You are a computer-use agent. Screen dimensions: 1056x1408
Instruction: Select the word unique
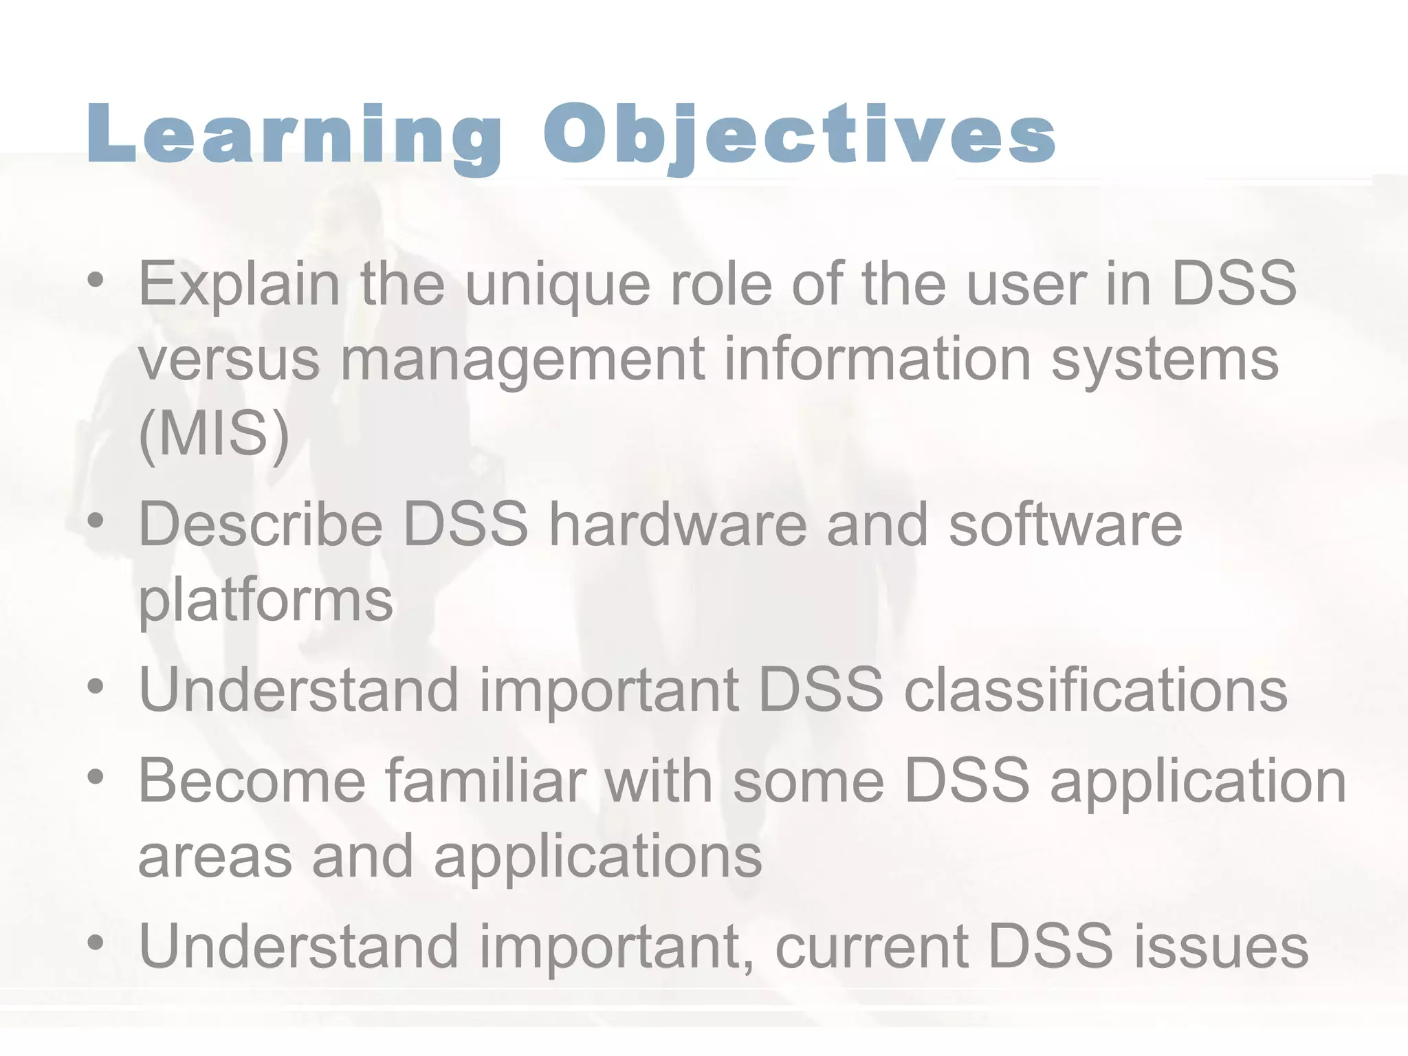[558, 285]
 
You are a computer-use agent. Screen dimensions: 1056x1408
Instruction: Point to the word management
[522, 360]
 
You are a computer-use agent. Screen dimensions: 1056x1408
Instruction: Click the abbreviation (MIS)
[214, 434]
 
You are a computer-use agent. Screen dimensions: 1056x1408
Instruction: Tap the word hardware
[677, 525]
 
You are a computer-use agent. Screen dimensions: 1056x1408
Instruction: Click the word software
[1065, 525]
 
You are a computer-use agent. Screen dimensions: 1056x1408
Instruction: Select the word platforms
[266, 601]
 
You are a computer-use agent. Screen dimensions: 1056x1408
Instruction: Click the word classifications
[1096, 690]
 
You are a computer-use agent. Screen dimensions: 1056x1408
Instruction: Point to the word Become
[252, 781]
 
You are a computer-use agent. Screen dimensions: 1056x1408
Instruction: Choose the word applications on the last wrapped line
[597, 858]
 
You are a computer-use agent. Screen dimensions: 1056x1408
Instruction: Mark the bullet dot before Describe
[96, 521]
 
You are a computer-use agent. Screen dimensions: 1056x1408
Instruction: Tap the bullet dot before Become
[96, 777]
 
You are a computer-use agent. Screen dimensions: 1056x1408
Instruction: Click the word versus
[229, 360]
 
